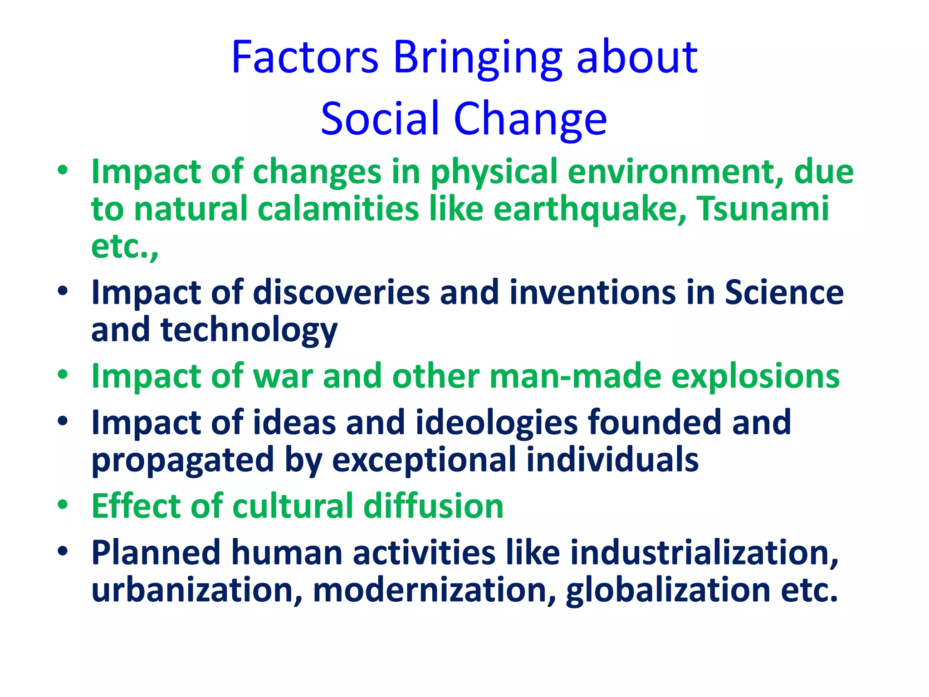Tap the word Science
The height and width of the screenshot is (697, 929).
point(784,293)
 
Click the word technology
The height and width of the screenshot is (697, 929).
point(249,330)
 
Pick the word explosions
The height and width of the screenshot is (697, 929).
point(755,377)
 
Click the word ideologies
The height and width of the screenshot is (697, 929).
point(496,423)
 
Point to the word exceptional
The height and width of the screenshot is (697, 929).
point(424,461)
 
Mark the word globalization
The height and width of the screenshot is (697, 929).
point(668,590)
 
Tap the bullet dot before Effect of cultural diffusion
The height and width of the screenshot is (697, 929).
point(63,505)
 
